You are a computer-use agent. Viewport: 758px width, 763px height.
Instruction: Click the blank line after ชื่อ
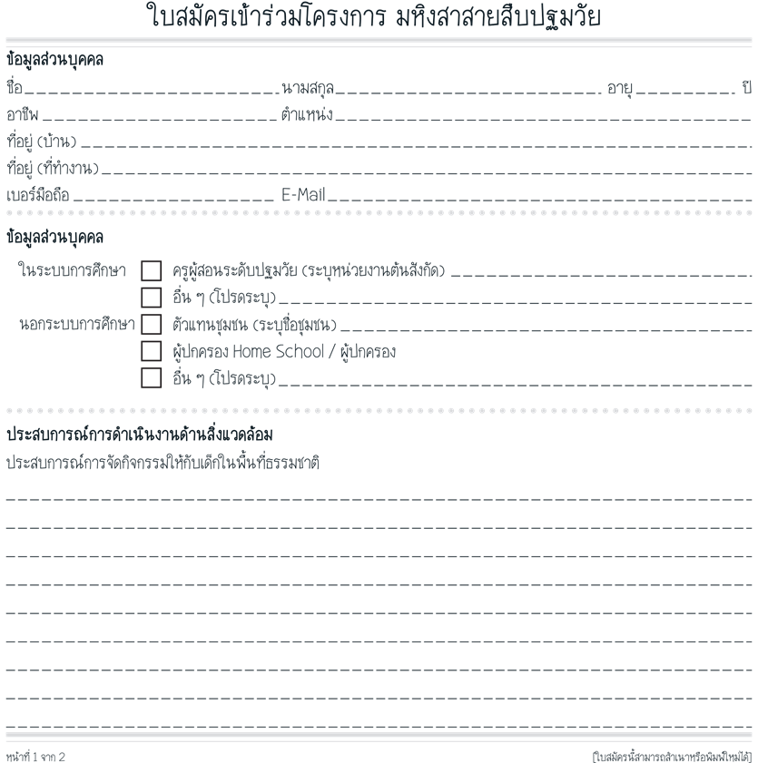click(151, 91)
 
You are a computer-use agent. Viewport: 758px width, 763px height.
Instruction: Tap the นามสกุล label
click(307, 89)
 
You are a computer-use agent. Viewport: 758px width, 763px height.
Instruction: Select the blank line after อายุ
click(685, 91)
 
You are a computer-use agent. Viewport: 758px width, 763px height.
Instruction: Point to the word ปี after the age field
click(747, 89)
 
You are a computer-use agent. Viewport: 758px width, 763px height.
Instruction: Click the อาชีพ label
click(23, 115)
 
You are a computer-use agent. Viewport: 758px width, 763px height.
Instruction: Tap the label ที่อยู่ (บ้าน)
click(42, 142)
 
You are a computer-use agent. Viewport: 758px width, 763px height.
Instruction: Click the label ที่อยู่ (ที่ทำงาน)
click(53, 168)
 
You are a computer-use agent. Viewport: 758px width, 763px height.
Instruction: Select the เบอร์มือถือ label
click(38, 194)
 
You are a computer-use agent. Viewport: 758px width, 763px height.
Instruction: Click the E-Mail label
click(303, 194)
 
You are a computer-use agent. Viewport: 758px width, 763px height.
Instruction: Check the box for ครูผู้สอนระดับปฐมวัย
click(152, 270)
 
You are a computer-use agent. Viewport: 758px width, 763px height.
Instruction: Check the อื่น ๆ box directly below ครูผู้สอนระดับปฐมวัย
click(152, 298)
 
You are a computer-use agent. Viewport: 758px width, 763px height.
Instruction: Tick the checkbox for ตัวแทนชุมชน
click(152, 324)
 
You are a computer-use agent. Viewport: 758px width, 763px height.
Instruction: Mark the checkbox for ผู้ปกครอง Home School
click(152, 351)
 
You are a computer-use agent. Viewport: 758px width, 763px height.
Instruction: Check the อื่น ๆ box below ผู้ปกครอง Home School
click(152, 377)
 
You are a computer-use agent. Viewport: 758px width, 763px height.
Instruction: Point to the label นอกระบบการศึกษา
click(77, 324)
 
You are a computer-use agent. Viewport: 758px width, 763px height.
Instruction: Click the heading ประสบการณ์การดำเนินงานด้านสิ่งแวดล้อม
click(140, 434)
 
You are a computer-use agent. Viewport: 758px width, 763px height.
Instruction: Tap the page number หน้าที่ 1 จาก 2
click(36, 757)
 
